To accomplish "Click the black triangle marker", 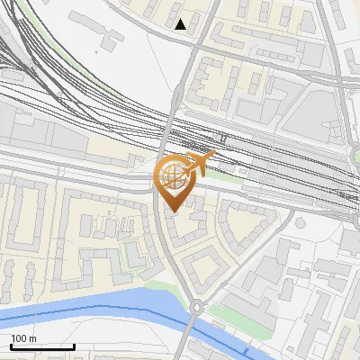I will click(181, 24).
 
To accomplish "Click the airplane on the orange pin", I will click(200, 164).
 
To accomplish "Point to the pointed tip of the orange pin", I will click(173, 212).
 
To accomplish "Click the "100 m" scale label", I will click(24, 338).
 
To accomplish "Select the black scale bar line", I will click(42, 346).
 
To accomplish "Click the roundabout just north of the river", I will click(195, 308).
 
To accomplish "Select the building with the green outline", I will click(133, 256).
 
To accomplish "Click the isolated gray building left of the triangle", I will click(113, 39).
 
